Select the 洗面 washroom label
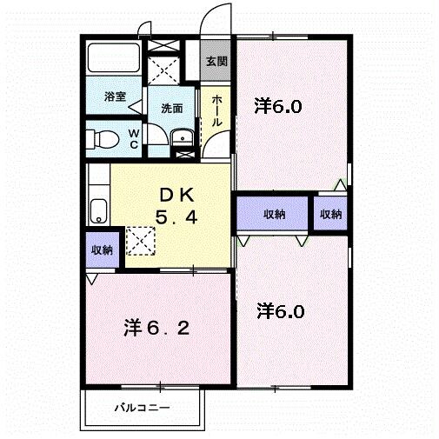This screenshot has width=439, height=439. (171, 109)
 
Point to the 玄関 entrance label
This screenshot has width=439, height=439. (216, 62)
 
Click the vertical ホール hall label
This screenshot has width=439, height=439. (216, 110)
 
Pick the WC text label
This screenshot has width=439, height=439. (134, 138)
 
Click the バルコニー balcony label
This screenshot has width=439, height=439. (143, 408)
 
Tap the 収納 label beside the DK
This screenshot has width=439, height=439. (101, 249)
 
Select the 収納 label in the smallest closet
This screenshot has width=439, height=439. (330, 213)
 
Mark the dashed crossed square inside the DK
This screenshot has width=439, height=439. (140, 240)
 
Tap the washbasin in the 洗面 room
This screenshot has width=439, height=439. (183, 136)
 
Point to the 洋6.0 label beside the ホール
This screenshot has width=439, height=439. (278, 107)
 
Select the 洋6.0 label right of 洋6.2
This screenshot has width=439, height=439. (281, 310)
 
